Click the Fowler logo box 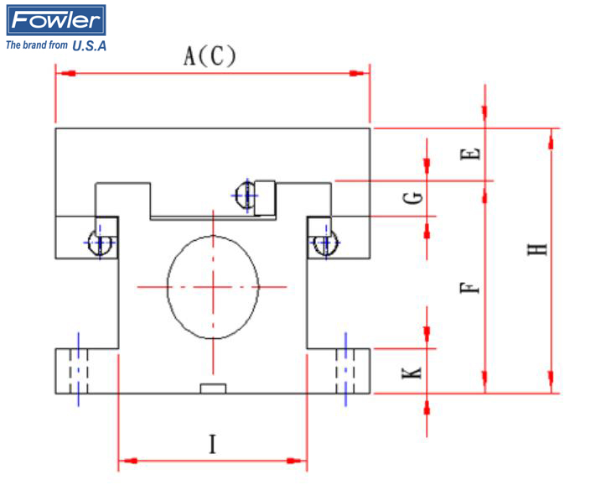(x=55, y=20)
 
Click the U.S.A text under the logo (x=90, y=45)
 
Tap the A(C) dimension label (x=210, y=56)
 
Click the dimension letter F (x=473, y=289)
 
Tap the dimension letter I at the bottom (x=213, y=443)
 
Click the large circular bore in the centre (x=213, y=286)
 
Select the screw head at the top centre (x=245, y=196)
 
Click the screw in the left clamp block (x=102, y=243)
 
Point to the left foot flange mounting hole (x=79, y=370)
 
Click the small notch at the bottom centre (x=213, y=388)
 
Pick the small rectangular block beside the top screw (x=266, y=198)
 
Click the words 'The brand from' (x=37, y=45)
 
